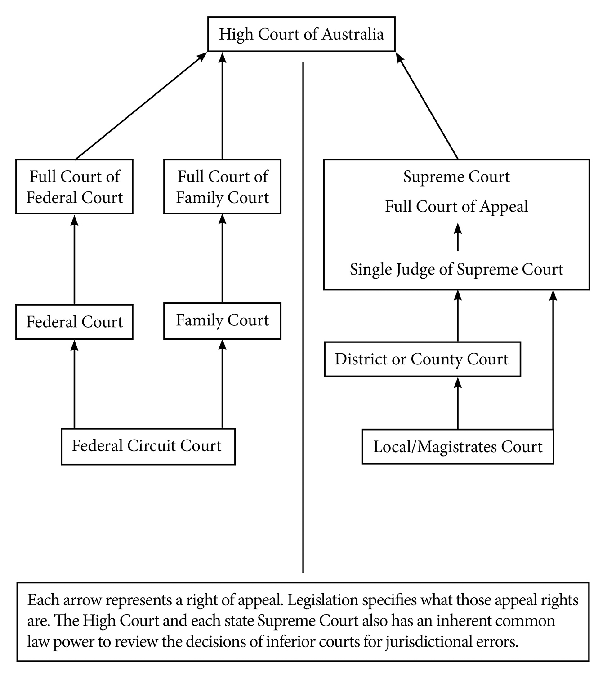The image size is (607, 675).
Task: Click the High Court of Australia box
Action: (x=301, y=35)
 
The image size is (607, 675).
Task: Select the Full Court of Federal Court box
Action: (x=74, y=187)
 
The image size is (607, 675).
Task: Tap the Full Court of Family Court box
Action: (x=222, y=187)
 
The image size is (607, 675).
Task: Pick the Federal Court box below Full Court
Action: (x=74, y=322)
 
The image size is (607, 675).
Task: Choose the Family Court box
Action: (x=222, y=321)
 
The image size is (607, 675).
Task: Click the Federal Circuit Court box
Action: (x=148, y=446)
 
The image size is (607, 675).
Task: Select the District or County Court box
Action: (x=422, y=360)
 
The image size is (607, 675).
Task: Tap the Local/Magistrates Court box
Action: (x=458, y=447)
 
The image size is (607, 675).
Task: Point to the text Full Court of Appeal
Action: (x=456, y=207)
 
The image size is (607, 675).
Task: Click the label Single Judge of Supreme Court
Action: (x=456, y=270)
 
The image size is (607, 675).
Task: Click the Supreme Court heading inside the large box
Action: (x=456, y=177)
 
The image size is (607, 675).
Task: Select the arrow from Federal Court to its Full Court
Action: (x=75, y=259)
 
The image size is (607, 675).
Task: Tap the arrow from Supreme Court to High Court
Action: (x=427, y=105)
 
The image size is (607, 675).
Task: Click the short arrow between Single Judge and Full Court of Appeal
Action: (x=458, y=237)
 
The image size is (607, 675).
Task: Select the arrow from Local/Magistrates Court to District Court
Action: (x=458, y=403)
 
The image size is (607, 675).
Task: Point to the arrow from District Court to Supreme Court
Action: (x=458, y=316)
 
